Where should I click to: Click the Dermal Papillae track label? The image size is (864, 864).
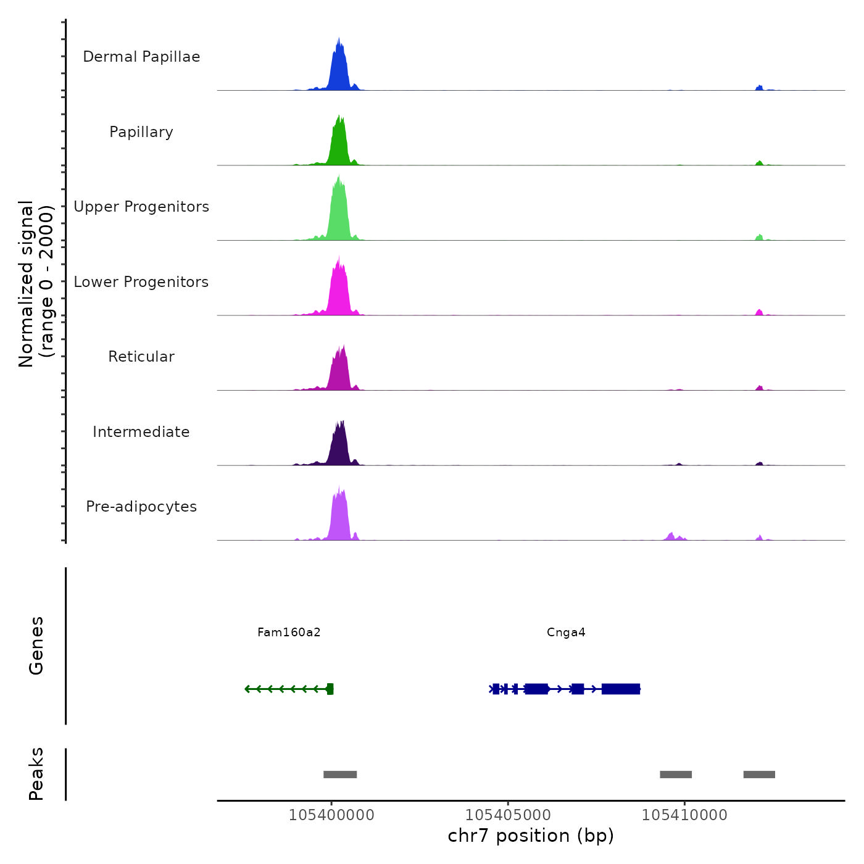click(x=141, y=57)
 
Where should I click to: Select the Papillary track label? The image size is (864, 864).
click(x=141, y=132)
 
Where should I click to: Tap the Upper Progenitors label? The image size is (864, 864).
click(x=141, y=207)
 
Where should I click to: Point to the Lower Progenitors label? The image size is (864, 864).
click(x=141, y=282)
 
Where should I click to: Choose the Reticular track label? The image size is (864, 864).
click(x=141, y=357)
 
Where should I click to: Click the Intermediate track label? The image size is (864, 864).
click(x=141, y=432)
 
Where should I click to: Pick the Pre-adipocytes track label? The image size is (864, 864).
click(x=141, y=507)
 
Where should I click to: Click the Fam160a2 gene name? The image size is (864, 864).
click(x=289, y=633)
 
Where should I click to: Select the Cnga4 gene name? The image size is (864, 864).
click(x=566, y=633)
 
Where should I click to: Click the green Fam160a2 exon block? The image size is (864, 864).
click(x=330, y=689)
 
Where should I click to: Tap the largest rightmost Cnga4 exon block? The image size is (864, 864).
click(x=620, y=689)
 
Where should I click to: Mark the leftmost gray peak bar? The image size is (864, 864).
click(x=340, y=775)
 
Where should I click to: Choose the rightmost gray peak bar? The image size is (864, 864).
click(x=759, y=775)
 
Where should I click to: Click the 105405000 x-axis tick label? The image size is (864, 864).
click(x=508, y=815)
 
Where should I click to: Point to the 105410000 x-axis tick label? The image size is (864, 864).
click(x=684, y=815)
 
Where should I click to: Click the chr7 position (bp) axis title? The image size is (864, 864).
click(x=531, y=836)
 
